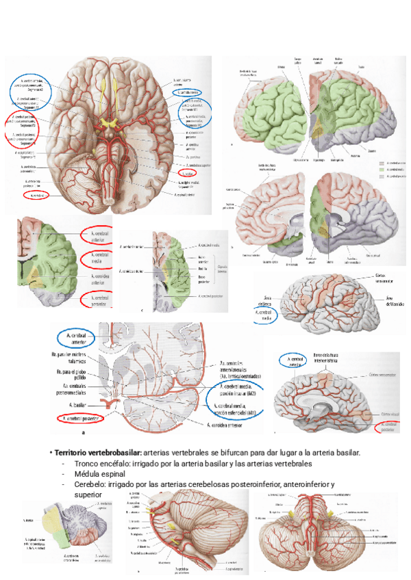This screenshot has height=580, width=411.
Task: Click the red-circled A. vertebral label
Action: pyautogui.click(x=35, y=195)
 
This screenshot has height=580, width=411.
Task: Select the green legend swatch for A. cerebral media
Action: pyautogui.click(x=381, y=170)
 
